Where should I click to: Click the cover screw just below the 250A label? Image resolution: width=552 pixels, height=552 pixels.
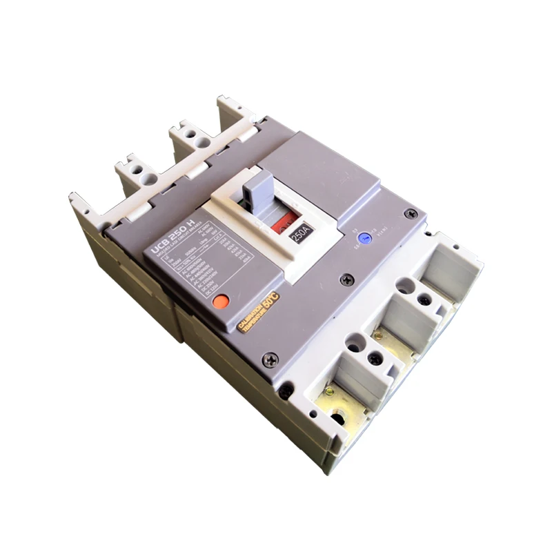coord(347,279)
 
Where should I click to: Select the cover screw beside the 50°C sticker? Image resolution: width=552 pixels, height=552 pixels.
coord(271,358)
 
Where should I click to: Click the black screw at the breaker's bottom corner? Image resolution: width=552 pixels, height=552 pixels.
coord(284,390)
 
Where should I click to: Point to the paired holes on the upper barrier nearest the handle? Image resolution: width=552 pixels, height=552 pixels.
coord(197,140)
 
